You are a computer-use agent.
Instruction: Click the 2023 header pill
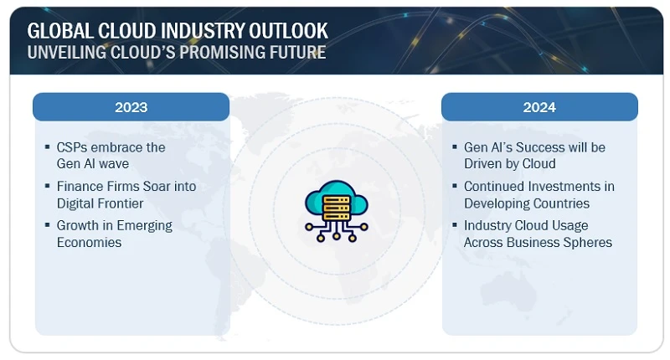tap(131, 107)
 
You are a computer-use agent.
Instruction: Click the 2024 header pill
tap(539, 107)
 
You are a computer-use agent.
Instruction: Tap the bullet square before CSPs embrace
tap(47, 147)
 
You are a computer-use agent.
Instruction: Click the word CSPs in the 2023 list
tap(73, 147)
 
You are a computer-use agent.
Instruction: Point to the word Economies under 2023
tap(89, 242)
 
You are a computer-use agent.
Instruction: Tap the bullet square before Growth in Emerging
tap(47, 226)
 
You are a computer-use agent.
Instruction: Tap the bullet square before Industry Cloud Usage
tap(455, 226)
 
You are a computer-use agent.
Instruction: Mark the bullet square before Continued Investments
tap(455, 187)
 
